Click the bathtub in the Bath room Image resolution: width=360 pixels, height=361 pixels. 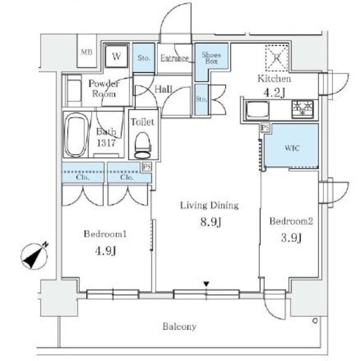click(x=76, y=135)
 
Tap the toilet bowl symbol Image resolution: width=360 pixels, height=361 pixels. click(x=143, y=145)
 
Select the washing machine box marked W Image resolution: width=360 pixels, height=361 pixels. click(x=116, y=56)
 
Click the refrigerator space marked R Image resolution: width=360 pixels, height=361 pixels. click(x=277, y=58)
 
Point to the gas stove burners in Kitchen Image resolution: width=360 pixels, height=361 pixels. click(x=303, y=109)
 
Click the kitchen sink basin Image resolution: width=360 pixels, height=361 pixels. click(x=258, y=110)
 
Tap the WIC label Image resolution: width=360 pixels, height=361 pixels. click(x=292, y=148)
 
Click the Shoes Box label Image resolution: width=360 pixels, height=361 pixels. click(x=211, y=58)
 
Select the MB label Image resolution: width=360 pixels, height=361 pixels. click(x=87, y=52)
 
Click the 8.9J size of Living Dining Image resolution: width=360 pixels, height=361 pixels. click(x=211, y=222)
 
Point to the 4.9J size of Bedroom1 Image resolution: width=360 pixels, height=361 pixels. click(x=106, y=251)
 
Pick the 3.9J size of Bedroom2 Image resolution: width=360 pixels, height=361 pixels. click(x=291, y=237)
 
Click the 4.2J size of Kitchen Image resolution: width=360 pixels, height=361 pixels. click(x=274, y=93)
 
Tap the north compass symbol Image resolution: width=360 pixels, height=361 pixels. click(x=35, y=255)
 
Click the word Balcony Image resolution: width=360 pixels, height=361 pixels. click(x=179, y=326)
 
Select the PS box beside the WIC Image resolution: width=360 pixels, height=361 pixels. click(x=265, y=128)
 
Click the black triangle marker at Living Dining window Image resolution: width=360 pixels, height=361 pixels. click(x=206, y=284)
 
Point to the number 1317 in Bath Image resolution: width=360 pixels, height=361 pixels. click(x=106, y=143)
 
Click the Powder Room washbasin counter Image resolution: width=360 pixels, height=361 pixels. click(x=73, y=90)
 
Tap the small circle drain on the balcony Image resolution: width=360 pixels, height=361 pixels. click(x=315, y=321)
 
